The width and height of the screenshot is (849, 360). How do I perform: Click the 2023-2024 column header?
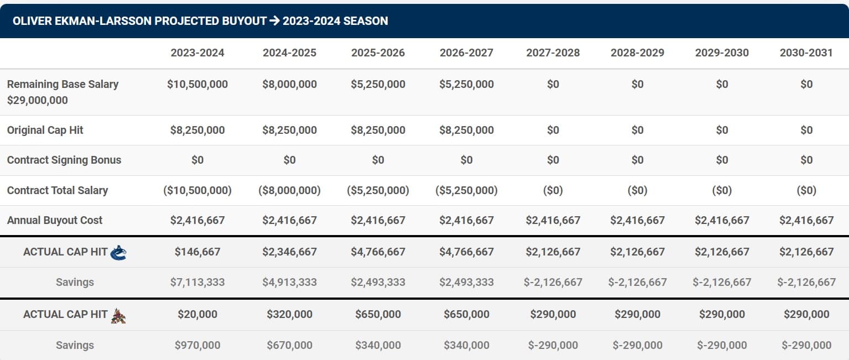197,53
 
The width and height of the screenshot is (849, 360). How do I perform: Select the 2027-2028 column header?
553,53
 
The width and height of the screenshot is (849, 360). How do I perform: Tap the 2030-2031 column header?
806,53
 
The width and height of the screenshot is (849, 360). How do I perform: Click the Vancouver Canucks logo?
118,253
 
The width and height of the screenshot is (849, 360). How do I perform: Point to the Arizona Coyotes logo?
118,315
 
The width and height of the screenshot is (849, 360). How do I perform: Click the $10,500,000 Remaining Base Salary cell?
197,85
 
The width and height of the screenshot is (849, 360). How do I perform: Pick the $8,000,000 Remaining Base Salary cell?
289,85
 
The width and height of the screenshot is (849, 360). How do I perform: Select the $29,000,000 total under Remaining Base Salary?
38,101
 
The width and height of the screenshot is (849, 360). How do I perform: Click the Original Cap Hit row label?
45,131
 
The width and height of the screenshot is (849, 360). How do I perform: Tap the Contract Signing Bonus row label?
64,160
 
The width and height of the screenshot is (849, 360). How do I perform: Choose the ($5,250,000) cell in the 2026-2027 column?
466,191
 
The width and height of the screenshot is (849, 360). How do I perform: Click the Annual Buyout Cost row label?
55,221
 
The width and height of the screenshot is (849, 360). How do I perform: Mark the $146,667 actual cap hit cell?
197,252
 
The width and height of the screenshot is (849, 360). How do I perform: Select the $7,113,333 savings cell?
197,283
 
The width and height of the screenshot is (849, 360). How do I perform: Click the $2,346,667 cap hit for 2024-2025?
289,252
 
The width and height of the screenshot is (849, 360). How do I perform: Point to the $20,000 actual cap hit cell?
197,315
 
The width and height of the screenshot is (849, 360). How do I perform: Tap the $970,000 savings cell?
197,346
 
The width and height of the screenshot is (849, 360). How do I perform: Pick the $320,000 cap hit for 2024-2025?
289,315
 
